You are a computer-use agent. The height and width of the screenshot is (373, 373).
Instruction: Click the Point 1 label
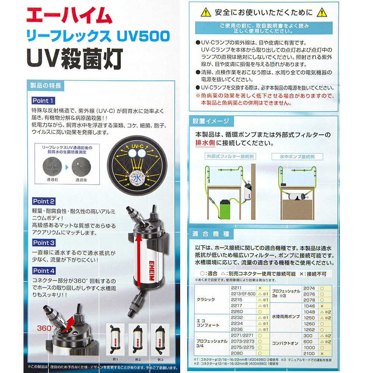coord(43,101)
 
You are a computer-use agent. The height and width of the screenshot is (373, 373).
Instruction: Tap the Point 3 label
coord(44,243)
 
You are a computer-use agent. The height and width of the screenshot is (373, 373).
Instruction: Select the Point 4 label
coord(44,271)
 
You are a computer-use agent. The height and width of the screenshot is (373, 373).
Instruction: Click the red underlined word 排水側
coord(205,142)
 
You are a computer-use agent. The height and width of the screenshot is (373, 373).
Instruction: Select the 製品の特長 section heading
coord(46,85)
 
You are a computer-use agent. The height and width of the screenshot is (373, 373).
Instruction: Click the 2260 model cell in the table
coord(237,311)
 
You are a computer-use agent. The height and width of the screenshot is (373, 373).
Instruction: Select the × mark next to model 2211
coord(260,288)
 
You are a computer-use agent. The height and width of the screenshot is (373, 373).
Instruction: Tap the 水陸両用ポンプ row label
coord(286,317)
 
